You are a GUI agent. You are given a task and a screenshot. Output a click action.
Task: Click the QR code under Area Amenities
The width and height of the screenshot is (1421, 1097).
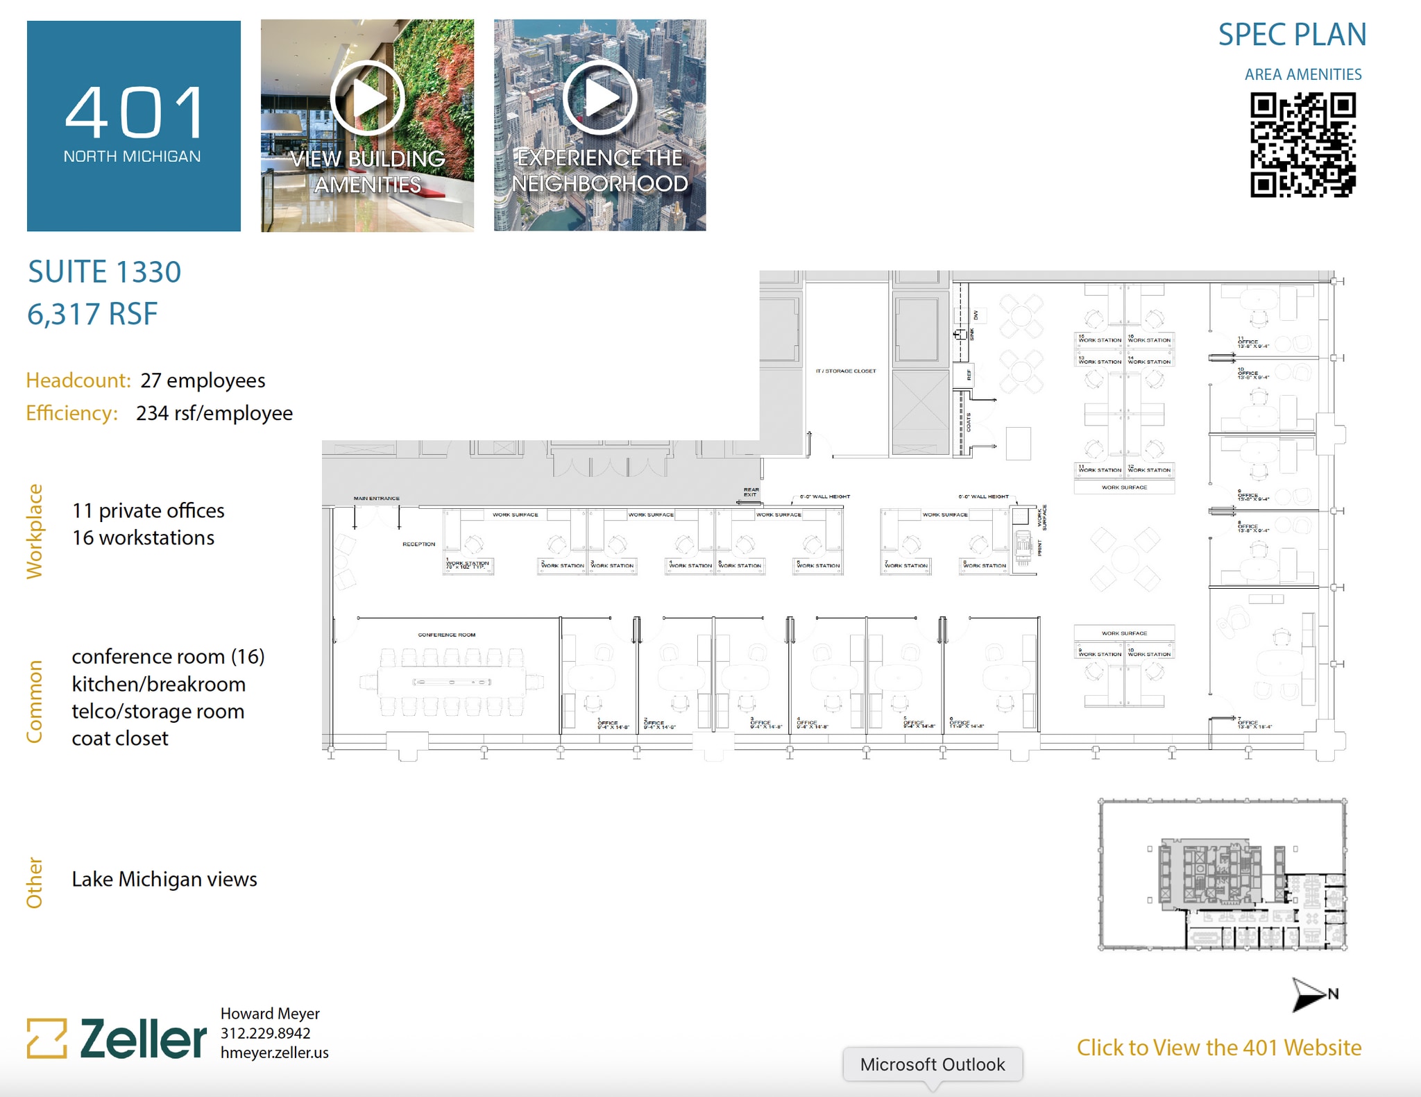tap(1302, 145)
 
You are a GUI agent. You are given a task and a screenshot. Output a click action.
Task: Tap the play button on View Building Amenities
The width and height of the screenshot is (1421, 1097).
tap(367, 98)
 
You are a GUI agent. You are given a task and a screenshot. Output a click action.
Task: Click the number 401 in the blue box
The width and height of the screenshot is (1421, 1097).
tap(134, 112)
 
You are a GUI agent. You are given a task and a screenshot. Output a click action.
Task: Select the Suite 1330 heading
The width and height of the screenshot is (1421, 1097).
tap(105, 271)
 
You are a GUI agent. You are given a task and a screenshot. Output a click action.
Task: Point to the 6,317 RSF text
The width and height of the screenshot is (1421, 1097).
tap(92, 314)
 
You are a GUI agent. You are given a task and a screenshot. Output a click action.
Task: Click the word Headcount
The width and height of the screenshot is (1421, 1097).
tap(78, 380)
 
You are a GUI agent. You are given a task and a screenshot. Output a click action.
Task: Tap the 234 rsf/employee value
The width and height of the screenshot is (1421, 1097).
tap(214, 413)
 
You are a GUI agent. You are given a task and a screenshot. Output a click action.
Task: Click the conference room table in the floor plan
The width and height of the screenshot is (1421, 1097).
tap(451, 682)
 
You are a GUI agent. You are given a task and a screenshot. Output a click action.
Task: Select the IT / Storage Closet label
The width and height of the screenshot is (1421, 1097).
tap(845, 371)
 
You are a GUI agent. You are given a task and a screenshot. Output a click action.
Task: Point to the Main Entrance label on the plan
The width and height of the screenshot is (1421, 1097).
tap(376, 499)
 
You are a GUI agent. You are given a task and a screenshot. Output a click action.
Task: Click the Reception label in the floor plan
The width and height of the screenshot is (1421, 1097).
tap(418, 544)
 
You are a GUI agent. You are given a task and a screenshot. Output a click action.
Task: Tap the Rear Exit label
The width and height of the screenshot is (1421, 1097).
tap(751, 492)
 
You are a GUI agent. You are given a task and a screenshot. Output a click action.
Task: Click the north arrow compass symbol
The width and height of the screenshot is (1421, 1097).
tap(1308, 994)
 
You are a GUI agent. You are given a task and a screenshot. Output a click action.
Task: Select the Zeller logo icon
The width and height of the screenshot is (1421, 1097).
tap(46, 1038)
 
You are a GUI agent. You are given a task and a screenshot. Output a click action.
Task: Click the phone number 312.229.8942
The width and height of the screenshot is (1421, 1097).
tap(265, 1033)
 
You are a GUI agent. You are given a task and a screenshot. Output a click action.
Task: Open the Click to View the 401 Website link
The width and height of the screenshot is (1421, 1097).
tap(1218, 1047)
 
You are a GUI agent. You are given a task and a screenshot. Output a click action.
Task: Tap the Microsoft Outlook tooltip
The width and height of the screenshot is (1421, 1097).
tap(932, 1064)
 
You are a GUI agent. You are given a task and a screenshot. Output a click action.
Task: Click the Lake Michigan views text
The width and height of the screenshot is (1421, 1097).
tap(164, 879)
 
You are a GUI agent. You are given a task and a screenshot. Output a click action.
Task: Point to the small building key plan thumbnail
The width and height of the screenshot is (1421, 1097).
tap(1222, 875)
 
